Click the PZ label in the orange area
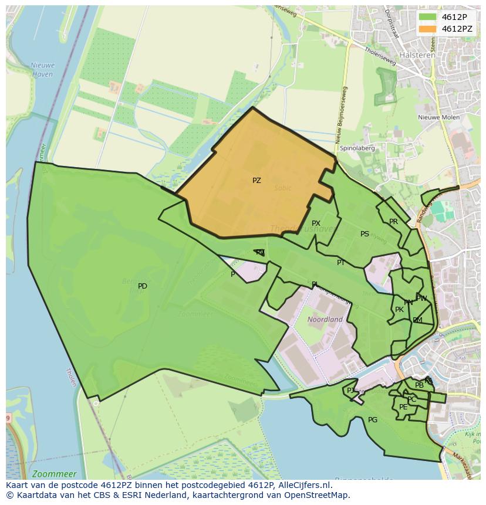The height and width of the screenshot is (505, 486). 256,181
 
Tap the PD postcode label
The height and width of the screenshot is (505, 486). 143,286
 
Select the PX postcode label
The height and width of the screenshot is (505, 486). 316,223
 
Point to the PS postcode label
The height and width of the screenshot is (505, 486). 365,234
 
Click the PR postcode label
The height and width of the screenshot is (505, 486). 393,222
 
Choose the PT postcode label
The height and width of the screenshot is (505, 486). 341,263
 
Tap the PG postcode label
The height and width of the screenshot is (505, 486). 373,420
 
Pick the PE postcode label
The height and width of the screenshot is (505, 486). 403,407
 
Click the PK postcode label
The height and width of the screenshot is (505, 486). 399,310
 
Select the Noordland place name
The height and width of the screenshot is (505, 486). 325,320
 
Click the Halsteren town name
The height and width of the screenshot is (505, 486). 417,55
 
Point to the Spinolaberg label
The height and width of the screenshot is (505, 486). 357,148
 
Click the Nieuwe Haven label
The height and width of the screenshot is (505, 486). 42,70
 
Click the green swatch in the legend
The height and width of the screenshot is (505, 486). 428,16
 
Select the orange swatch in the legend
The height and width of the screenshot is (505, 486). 428,29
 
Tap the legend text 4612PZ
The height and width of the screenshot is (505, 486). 457,29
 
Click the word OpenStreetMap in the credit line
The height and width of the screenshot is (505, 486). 318,495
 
